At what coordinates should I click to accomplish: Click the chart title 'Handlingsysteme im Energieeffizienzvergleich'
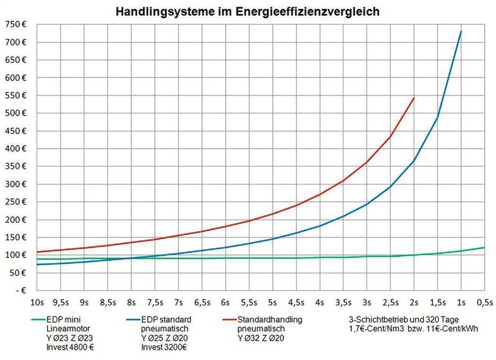pyautogui.click(x=247, y=11)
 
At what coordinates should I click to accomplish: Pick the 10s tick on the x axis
pyautogui.click(x=37, y=303)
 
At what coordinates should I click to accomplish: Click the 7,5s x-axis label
pyautogui.click(x=154, y=303)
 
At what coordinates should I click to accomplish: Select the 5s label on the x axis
pyautogui.click(x=272, y=303)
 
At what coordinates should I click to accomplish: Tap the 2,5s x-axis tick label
pyautogui.click(x=390, y=303)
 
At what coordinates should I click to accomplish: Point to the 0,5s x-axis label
pyautogui.click(x=484, y=303)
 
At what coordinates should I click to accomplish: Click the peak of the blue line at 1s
pyautogui.click(x=461, y=32)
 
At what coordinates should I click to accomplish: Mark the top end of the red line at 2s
pyautogui.click(x=414, y=98)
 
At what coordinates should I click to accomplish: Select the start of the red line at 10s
pyautogui.click(x=38, y=252)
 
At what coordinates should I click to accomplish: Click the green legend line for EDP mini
pyautogui.click(x=24, y=320)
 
